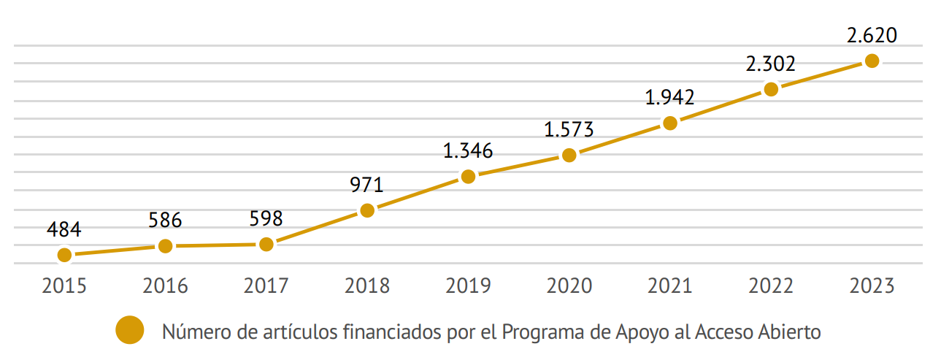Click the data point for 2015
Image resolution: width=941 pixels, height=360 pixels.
(x=64, y=255)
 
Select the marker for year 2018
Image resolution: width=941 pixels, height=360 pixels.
(x=367, y=210)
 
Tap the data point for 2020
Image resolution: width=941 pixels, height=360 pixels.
(x=569, y=155)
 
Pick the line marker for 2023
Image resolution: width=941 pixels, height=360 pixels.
(x=871, y=61)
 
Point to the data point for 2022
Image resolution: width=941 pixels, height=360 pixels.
(x=770, y=89)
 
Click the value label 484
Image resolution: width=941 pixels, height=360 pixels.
(x=64, y=229)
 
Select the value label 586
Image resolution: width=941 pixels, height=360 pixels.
(x=165, y=220)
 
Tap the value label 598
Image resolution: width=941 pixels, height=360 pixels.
(x=266, y=218)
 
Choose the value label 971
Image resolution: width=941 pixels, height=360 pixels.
(x=367, y=185)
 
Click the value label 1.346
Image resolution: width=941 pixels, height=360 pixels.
(x=468, y=151)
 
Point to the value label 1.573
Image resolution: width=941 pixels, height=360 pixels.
(x=569, y=129)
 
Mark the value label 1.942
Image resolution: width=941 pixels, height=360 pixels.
(x=669, y=97)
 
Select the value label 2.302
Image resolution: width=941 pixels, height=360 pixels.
(x=770, y=64)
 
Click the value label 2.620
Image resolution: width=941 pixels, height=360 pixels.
(x=871, y=35)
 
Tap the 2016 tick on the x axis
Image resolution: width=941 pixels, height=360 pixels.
(x=165, y=286)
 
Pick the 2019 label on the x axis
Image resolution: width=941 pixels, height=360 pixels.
(x=468, y=286)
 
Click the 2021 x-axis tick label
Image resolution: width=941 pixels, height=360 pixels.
(x=669, y=286)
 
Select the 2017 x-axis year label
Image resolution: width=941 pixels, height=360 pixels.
(x=266, y=286)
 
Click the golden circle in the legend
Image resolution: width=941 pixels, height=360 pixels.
(x=130, y=332)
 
